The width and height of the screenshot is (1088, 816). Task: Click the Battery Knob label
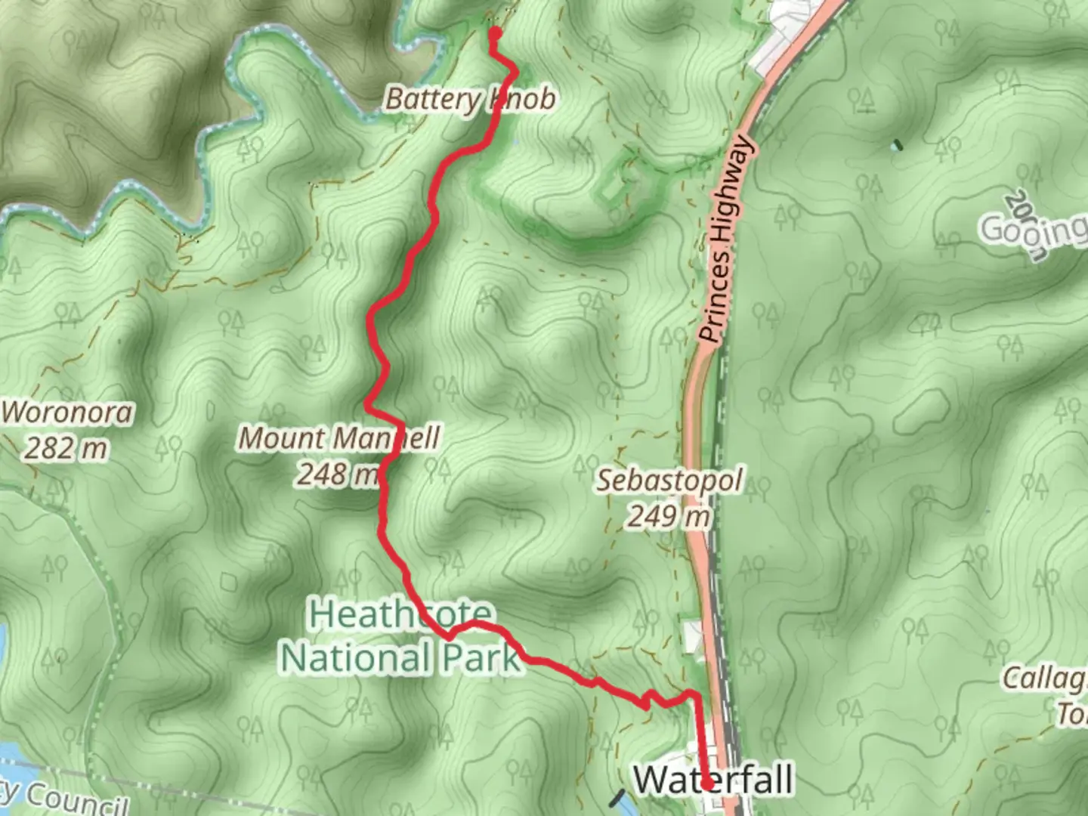point(470,99)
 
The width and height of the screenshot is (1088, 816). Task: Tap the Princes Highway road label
point(725,240)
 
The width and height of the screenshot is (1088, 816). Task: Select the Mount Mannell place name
point(339,438)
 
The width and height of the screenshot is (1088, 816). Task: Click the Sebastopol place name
point(670,481)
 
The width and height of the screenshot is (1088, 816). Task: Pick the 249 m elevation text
point(669,517)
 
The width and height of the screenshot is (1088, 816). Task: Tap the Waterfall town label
point(713,780)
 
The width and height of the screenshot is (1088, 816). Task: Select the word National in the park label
point(355,657)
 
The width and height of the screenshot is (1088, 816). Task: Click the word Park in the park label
point(481,657)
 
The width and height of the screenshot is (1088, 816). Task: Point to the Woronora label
point(67,413)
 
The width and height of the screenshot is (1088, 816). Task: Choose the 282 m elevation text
point(66,449)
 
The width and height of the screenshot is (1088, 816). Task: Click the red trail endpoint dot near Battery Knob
point(496,33)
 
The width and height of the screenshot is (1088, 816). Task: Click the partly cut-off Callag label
point(1045,678)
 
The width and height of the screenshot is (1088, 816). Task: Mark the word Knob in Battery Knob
point(524,99)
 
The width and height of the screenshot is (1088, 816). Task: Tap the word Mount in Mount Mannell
point(283,438)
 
